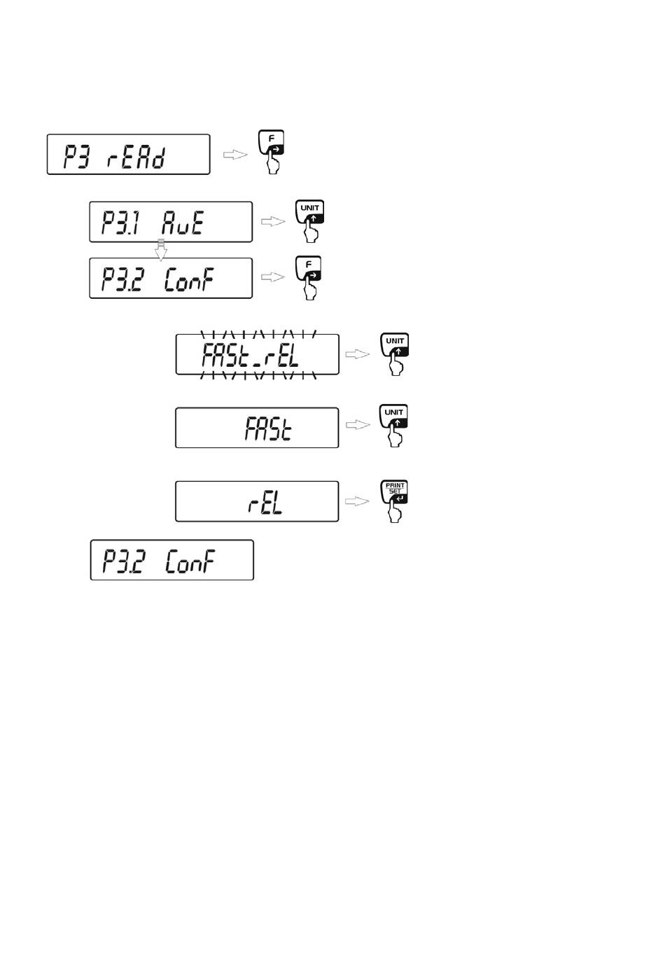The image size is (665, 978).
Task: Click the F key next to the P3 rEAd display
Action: coord(271,142)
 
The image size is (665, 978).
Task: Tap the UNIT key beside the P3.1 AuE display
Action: coord(309,211)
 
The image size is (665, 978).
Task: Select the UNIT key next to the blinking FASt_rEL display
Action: coord(395,344)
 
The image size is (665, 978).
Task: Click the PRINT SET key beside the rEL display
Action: coord(394,492)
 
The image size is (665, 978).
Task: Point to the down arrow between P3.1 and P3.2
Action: coord(161,250)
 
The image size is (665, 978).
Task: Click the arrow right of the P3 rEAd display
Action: coord(235,155)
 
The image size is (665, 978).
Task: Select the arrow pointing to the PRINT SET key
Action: coord(357,501)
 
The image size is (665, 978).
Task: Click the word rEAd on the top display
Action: coord(136,158)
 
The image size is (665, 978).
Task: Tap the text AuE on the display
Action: coord(182,223)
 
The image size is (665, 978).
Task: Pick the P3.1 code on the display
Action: coord(120,223)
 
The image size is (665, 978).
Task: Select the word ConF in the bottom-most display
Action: coord(190,561)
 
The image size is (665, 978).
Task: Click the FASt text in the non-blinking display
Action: coord(268,428)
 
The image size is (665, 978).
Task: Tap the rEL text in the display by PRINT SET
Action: coord(265,502)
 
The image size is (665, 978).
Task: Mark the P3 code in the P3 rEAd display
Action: coord(77,158)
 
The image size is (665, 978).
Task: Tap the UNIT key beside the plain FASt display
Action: coord(394,416)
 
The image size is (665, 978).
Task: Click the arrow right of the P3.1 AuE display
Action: coord(273,221)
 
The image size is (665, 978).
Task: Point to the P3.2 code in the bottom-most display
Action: coord(122,561)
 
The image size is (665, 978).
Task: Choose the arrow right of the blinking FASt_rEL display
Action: coord(358,354)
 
